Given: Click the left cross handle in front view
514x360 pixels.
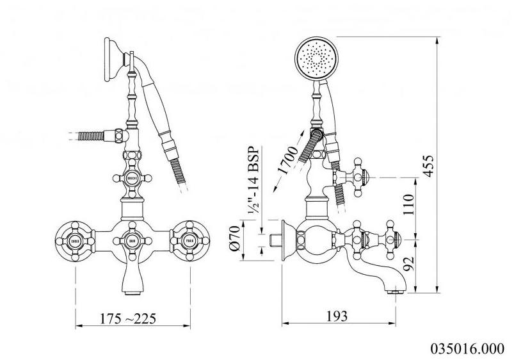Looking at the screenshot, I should [x=75, y=241].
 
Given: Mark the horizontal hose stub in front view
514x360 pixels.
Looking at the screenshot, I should [x=90, y=136].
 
